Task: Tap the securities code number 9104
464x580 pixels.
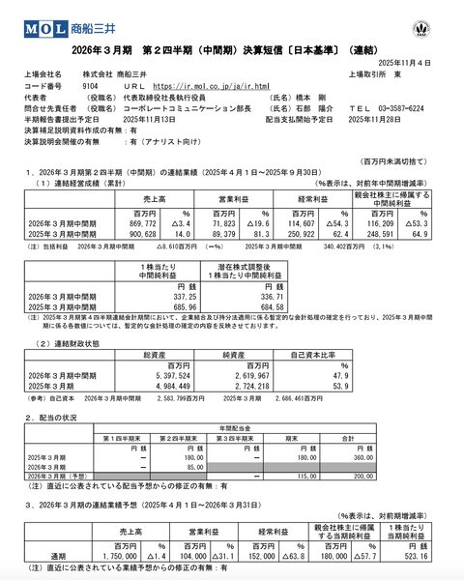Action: coord(92,85)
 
